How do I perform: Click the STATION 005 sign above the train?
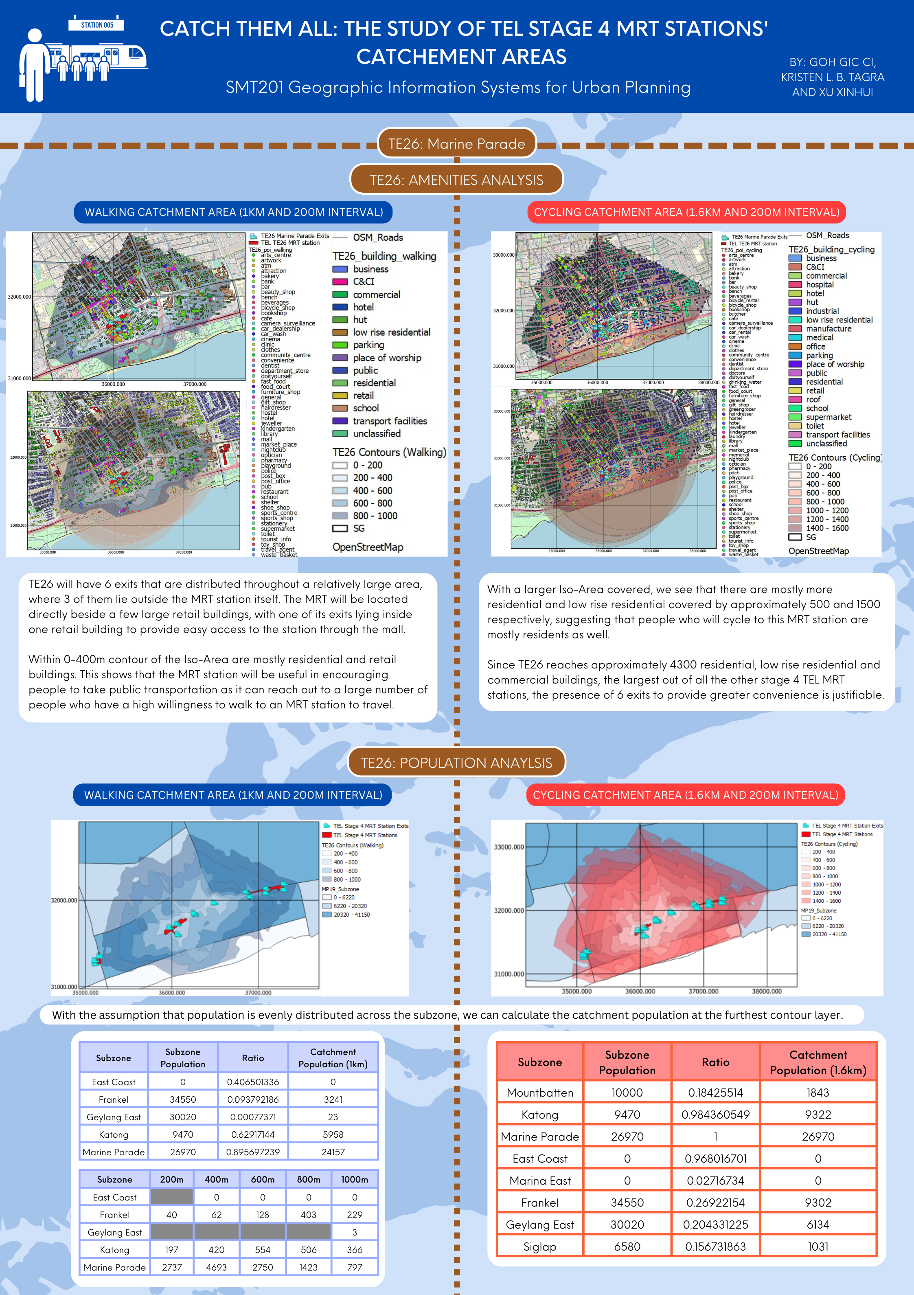click(96, 25)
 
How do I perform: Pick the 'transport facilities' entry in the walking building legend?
click(390, 421)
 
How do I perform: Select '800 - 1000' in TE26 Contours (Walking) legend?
click(375, 516)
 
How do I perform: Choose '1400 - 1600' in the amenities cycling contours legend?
click(826, 528)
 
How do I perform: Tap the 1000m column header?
click(354, 1179)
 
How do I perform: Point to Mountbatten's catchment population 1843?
click(818, 1093)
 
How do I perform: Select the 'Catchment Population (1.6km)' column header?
click(818, 1062)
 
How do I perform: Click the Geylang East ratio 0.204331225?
click(715, 1225)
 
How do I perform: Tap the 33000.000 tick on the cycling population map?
click(509, 847)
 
